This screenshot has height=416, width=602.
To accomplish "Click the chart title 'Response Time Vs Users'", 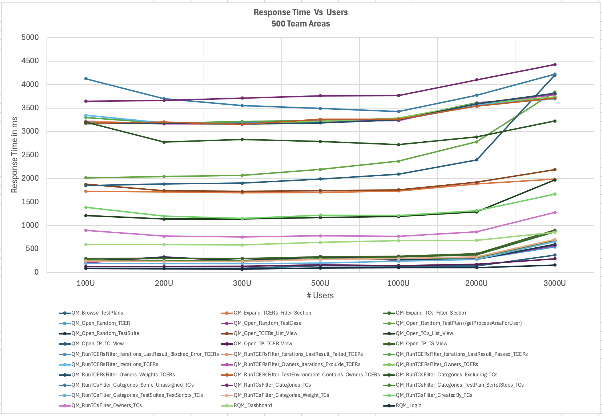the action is pyautogui.click(x=301, y=12).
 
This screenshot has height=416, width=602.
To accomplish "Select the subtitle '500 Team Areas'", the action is pyautogui.click(x=301, y=24).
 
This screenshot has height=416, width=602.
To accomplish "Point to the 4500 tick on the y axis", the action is pyautogui.click(x=30, y=61).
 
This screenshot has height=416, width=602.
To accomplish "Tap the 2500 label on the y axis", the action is pyautogui.click(x=30, y=155).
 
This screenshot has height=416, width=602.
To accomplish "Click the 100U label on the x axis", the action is pyautogui.click(x=86, y=283).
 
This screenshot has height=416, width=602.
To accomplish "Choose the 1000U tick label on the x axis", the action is pyautogui.click(x=398, y=283).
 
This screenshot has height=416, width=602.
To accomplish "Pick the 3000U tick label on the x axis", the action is pyautogui.click(x=555, y=283).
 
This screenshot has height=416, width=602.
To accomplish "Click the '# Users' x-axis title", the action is pyautogui.click(x=320, y=295).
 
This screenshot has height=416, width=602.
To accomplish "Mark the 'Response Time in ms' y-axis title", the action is pyautogui.click(x=14, y=155).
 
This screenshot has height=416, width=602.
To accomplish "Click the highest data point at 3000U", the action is pyautogui.click(x=555, y=65).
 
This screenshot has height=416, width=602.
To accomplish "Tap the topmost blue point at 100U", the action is pyautogui.click(x=86, y=79).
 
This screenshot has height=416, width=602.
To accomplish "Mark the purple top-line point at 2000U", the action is pyautogui.click(x=476, y=80).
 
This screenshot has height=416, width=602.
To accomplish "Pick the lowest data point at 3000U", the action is pyautogui.click(x=555, y=265).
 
